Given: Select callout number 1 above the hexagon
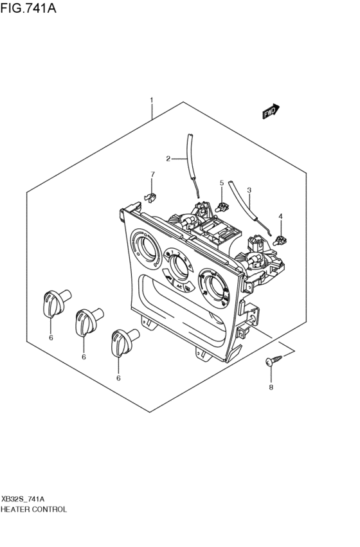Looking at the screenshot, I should coord(151,100).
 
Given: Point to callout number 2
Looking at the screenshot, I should coord(168,158).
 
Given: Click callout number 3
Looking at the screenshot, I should coord(249,190).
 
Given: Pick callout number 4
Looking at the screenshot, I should coord(280,216).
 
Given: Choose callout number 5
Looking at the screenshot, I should coord(222,183).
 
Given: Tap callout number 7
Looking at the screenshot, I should coord(152,174).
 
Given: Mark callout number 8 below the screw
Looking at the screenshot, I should coord(271,388).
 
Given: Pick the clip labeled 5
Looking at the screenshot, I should coord(222,206).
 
